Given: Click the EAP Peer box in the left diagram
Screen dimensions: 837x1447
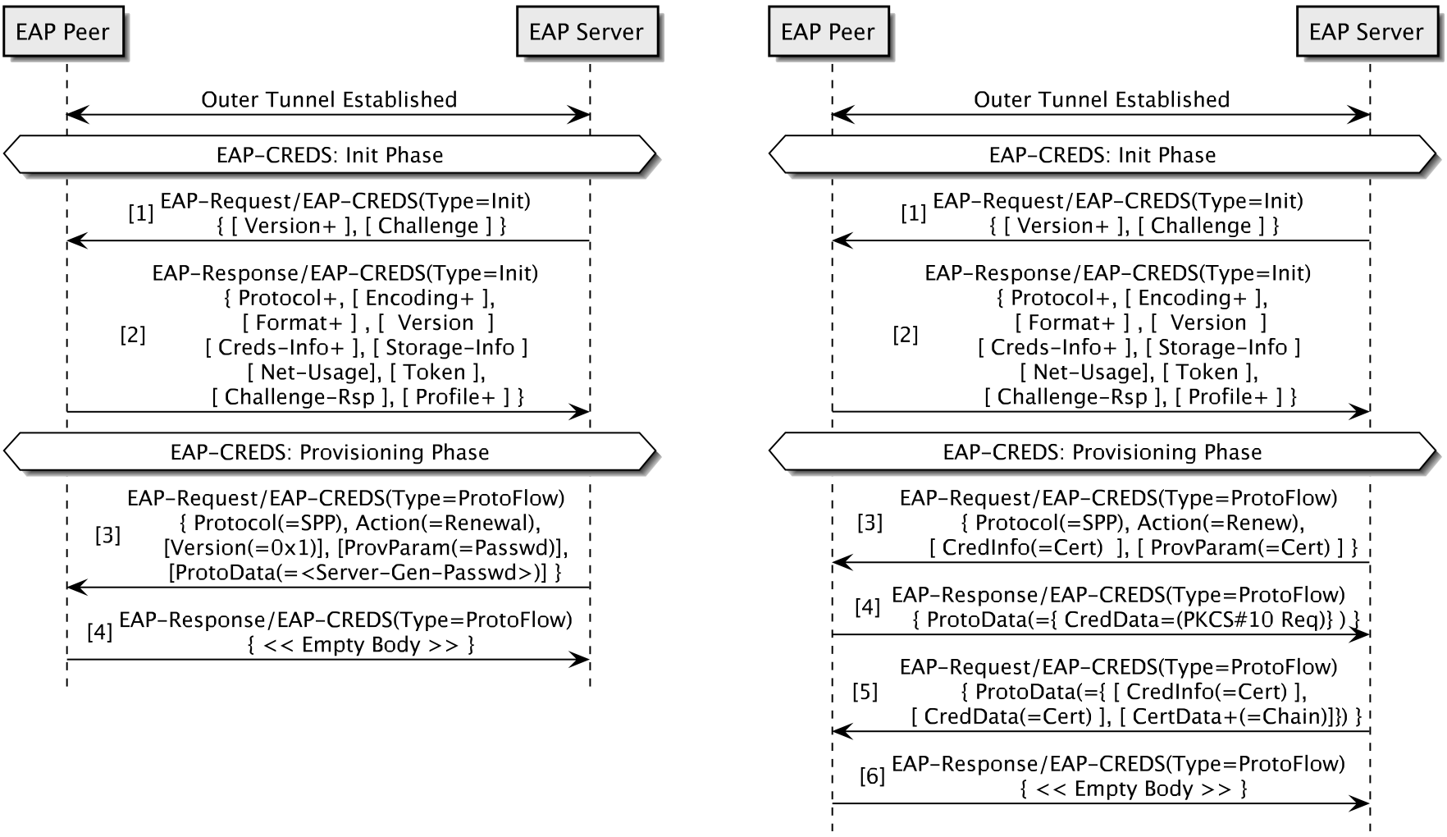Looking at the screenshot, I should click(62, 32).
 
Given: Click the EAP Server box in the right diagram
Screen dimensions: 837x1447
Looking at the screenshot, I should click(1365, 32).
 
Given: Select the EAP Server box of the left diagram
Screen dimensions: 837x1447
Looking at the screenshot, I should click(586, 32).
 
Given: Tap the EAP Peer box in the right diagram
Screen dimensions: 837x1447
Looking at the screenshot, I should click(827, 32).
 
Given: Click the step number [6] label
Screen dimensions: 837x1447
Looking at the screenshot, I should click(872, 775).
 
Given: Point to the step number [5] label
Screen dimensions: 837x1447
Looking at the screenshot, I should click(865, 692).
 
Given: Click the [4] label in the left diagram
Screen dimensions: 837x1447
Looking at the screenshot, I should click(99, 632).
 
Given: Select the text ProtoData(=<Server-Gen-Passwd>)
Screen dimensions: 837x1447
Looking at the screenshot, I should click(358, 573).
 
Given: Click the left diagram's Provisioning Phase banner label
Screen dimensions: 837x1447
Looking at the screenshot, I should click(330, 452).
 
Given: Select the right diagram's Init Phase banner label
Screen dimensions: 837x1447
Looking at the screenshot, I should click(1102, 155).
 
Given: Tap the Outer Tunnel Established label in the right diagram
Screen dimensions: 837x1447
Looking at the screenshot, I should click(1101, 99).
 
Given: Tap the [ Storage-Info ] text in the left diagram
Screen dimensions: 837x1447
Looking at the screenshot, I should click(450, 347).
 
